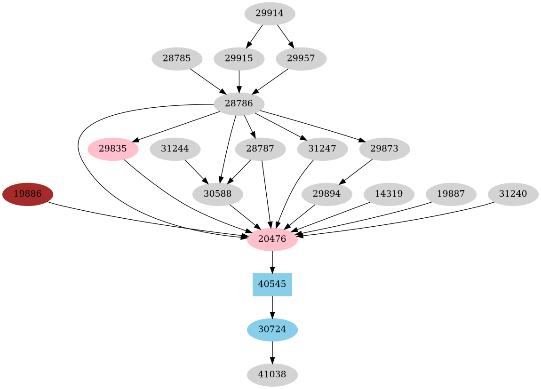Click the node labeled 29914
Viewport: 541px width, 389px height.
(x=270, y=14)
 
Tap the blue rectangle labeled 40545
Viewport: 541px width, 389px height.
(x=272, y=285)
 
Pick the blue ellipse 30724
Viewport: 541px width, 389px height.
(x=272, y=330)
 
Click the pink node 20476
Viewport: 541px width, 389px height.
(x=272, y=239)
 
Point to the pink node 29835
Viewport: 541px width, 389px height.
(x=113, y=149)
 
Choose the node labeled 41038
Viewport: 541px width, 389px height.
(x=272, y=375)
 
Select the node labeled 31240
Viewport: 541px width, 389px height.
(x=513, y=194)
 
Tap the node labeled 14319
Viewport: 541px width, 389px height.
(x=389, y=194)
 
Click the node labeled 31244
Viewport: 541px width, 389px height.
(x=175, y=149)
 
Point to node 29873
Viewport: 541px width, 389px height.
(x=384, y=149)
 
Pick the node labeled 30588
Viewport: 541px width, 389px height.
(x=217, y=194)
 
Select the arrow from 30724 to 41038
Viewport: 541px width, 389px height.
(x=272, y=352)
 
